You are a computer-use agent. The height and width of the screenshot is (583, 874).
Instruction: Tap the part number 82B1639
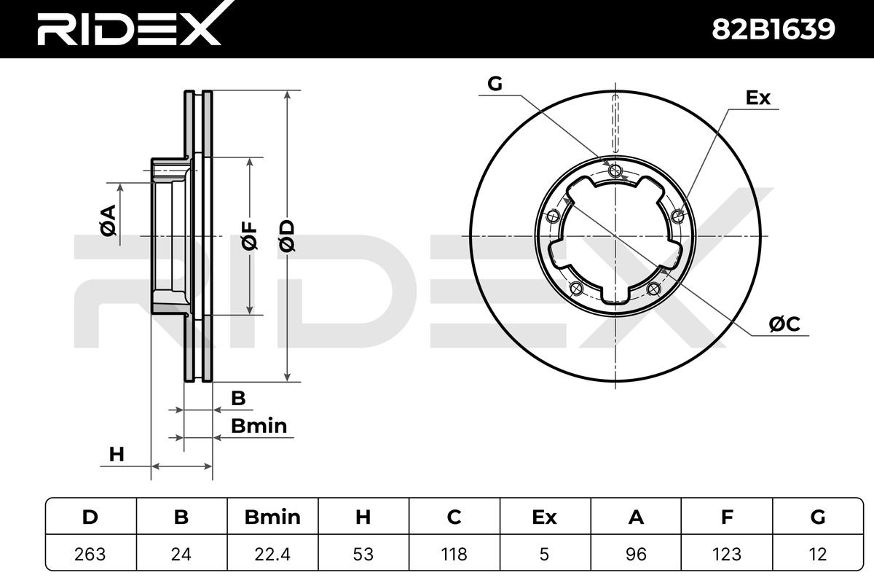(x=773, y=30)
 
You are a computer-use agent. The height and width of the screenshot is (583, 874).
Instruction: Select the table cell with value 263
(x=90, y=554)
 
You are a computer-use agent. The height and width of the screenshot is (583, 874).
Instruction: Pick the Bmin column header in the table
(x=272, y=517)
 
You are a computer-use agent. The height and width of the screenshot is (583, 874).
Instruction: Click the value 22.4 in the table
(x=272, y=554)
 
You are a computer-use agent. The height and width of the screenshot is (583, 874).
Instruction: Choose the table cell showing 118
(x=454, y=554)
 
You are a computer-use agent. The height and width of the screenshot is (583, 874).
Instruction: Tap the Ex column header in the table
(x=544, y=517)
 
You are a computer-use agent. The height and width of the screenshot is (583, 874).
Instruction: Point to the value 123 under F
(x=727, y=554)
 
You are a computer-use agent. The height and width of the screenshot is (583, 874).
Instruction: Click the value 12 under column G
(x=818, y=554)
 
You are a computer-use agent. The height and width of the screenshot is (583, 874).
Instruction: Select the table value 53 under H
(x=363, y=554)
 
